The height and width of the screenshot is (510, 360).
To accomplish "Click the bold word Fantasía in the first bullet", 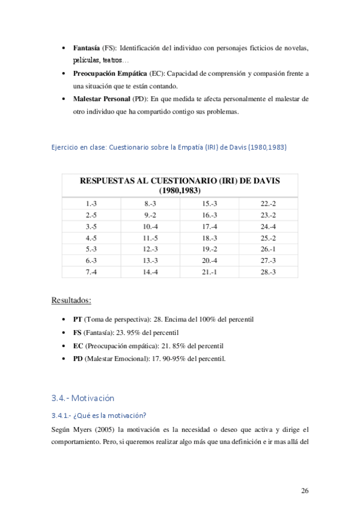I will pos(87,48).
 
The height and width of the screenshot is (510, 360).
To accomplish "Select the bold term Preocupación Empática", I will pos(109,73).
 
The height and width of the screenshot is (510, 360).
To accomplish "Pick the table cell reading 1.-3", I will pos(91,204).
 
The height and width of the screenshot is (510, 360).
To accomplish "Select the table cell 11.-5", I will pos(150,238).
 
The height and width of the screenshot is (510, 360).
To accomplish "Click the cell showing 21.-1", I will pos(209,272).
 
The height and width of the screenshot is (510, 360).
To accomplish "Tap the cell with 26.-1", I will pos(268,250).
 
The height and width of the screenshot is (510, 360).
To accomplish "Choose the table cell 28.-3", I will pos(268,272).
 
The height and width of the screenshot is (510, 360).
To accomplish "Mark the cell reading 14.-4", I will pos(150,272).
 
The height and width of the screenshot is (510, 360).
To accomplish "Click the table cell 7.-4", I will pos(91,272).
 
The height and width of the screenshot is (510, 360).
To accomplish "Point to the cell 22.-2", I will pos(268,204).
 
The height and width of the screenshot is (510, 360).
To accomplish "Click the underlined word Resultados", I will pos(71,300).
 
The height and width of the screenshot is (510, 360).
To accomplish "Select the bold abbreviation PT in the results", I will pos(78,319).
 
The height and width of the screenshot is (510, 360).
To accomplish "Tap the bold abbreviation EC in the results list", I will pos(78,346).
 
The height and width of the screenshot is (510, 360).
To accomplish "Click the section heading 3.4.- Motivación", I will pos(83,398).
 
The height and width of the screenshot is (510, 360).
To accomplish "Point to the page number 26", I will pos(305,491).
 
